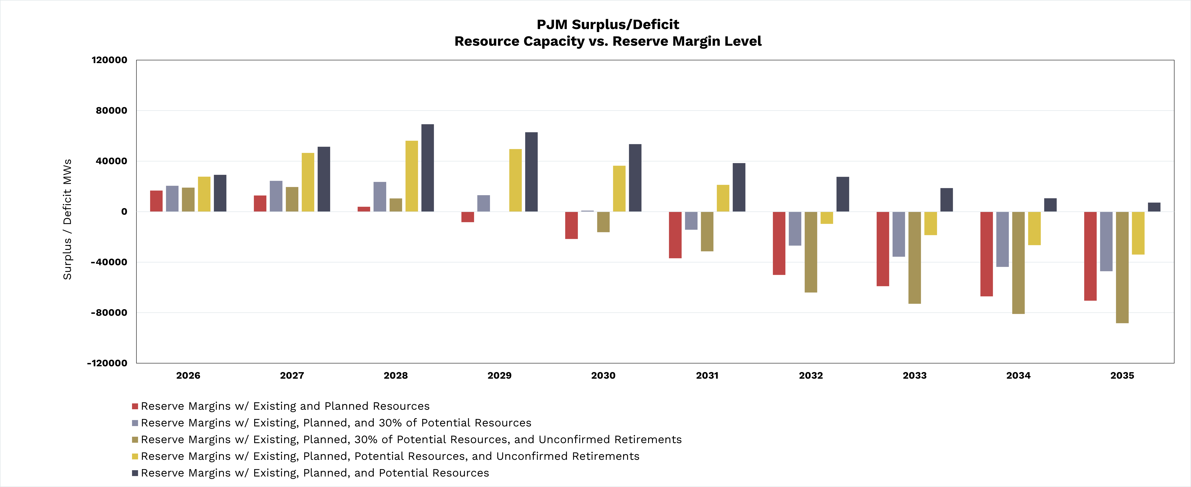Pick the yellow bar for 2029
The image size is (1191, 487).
click(515, 180)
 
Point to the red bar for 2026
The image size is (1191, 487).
click(156, 201)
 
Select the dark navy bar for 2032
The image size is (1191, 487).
click(842, 194)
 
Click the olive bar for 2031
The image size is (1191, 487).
click(707, 232)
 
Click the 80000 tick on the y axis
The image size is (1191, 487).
click(111, 110)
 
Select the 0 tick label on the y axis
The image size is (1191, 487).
click(124, 212)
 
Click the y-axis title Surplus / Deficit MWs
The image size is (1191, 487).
click(67, 220)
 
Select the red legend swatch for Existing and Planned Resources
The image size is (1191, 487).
click(135, 406)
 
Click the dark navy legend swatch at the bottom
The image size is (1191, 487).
click(135, 473)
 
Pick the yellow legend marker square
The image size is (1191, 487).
click(135, 456)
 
